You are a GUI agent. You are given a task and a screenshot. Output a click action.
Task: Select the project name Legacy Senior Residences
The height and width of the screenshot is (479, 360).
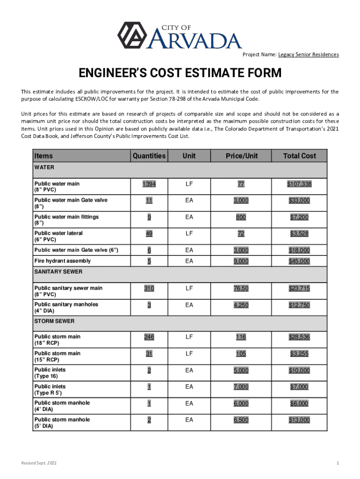(309, 55)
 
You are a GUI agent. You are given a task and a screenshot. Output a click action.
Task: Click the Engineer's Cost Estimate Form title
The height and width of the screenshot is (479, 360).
(180, 73)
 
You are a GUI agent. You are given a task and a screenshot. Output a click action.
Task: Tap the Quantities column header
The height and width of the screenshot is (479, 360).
(149, 156)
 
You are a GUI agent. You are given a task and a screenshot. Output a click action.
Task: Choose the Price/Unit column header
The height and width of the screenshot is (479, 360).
(242, 156)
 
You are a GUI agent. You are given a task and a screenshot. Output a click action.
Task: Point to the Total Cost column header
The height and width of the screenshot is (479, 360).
(299, 156)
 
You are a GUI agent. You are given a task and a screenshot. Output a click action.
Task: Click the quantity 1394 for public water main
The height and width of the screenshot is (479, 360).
(149, 184)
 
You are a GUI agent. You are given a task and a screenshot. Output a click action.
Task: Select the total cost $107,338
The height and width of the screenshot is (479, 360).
(299, 184)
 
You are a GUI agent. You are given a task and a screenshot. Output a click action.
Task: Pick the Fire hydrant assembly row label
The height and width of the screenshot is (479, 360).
(63, 261)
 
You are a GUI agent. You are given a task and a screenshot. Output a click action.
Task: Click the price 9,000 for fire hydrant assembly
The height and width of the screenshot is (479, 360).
(241, 261)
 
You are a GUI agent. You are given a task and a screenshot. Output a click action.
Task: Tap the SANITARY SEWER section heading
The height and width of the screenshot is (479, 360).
(58, 271)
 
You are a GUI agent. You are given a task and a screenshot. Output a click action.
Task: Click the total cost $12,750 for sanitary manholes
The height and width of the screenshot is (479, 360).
(299, 305)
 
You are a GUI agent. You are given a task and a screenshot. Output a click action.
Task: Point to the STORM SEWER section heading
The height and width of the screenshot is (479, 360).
(54, 321)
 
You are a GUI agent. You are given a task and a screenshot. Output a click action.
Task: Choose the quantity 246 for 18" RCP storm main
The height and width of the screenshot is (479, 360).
(149, 337)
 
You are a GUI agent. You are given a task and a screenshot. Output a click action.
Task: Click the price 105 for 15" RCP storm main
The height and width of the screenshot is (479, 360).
(241, 354)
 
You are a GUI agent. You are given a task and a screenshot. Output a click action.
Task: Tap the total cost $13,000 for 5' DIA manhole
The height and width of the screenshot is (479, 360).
(299, 420)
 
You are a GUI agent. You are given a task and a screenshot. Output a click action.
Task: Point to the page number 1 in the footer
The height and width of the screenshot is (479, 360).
(337, 464)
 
